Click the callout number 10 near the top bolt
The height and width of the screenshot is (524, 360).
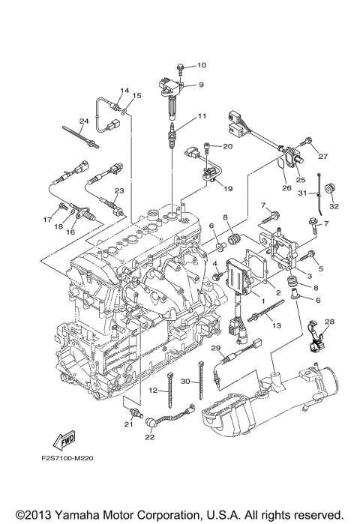(x=201, y=66)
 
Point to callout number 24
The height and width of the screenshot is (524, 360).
(x=84, y=121)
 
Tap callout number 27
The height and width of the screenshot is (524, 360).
(x=323, y=157)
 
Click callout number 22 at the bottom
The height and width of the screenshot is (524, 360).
(x=149, y=437)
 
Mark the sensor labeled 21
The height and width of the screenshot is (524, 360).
(x=133, y=413)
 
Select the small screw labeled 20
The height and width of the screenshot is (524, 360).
(x=211, y=147)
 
